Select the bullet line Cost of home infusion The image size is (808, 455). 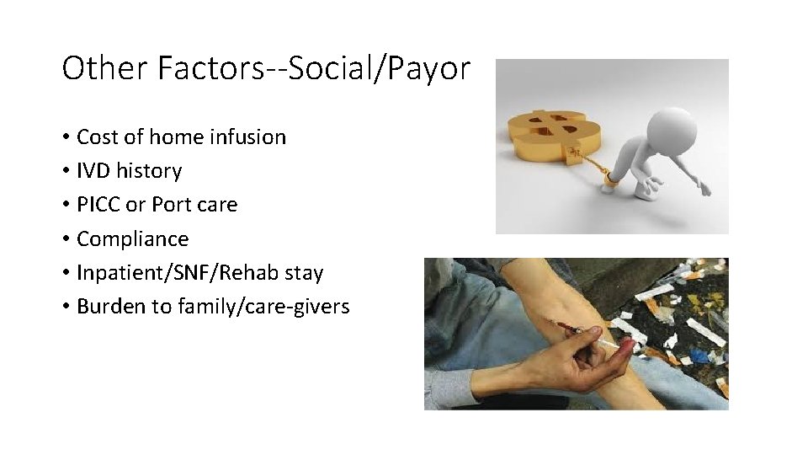180,136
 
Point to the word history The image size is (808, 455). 150,171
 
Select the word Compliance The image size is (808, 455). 132,239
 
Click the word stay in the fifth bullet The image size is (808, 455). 304,273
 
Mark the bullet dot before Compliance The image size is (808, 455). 65,239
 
